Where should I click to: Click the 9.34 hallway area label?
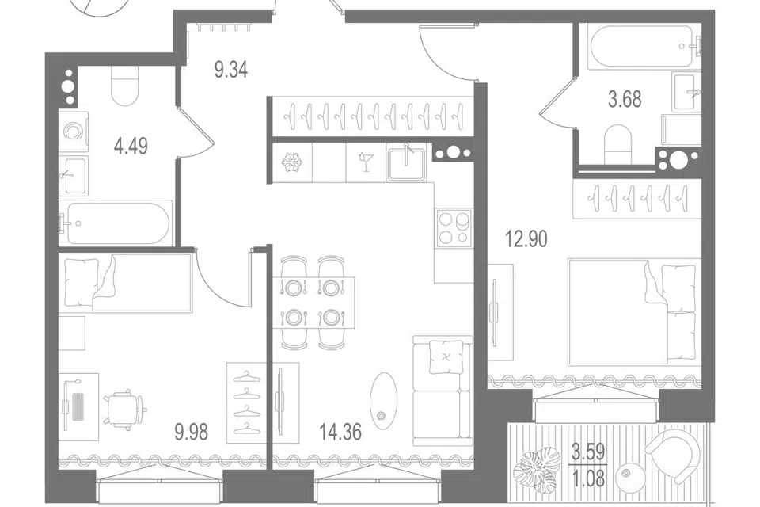click(x=231, y=70)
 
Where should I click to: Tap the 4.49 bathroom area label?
click(x=131, y=146)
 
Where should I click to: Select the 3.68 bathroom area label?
click(x=625, y=100)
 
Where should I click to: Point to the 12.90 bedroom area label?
click(x=526, y=239)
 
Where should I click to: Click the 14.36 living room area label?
click(x=340, y=431)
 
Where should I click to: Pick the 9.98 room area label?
click(x=192, y=431)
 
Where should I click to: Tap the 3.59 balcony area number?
click(x=588, y=452)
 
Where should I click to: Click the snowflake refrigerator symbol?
click(x=292, y=162)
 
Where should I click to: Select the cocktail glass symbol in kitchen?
click(x=363, y=162)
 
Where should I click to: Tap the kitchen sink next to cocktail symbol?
click(x=406, y=162)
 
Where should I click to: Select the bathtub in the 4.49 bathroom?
click(x=116, y=223)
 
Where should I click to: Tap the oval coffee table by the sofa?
click(x=383, y=398)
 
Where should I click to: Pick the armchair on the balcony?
click(x=674, y=455)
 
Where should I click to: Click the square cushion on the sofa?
click(x=446, y=356)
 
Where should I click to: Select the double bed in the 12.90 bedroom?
click(x=634, y=312)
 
